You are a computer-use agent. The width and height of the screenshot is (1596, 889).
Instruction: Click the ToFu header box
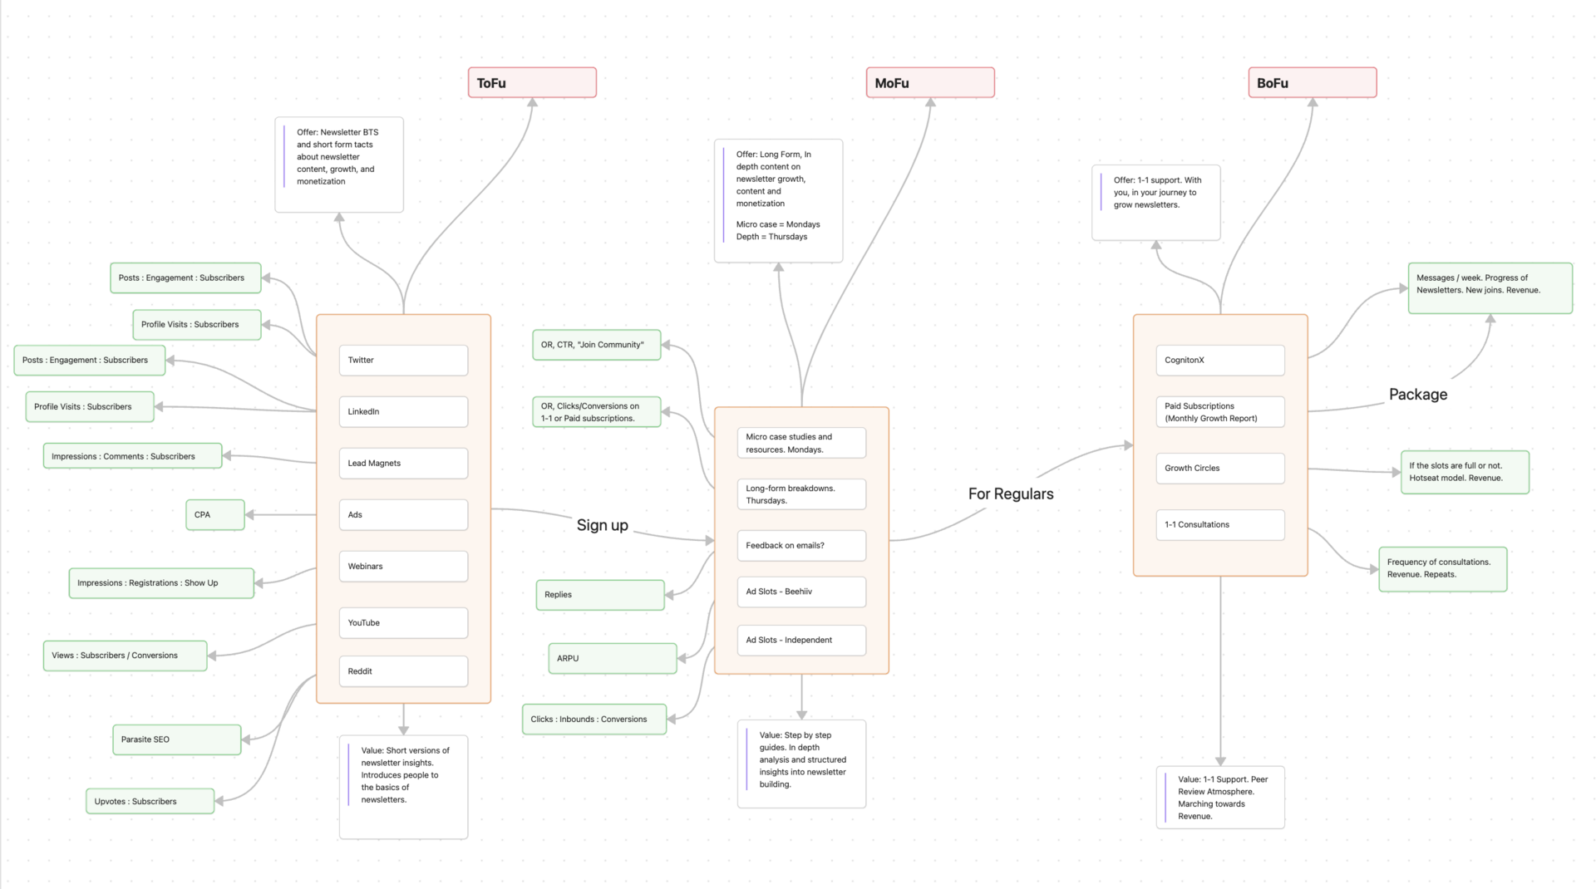pos(532,83)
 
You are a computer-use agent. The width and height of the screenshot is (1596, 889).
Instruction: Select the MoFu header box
pos(930,83)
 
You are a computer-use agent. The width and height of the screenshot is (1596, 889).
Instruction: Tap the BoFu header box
pos(1312,83)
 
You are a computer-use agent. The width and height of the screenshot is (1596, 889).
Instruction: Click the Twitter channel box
pos(403,361)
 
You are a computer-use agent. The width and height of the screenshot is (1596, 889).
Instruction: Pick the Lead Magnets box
pos(403,464)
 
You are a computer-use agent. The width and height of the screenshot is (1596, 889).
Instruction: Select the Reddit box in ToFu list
pos(403,671)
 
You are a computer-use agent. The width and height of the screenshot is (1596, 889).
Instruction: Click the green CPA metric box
pos(214,515)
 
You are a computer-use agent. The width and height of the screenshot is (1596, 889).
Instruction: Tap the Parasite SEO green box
pos(176,739)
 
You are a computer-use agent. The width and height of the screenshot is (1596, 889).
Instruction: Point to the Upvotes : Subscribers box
pos(150,802)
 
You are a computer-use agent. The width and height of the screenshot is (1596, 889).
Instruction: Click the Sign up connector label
pos(602,525)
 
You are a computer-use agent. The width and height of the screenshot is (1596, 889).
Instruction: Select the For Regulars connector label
pos(1010,494)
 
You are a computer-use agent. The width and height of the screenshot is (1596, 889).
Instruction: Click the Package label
pos(1417,395)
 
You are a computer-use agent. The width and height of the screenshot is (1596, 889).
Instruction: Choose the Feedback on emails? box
pos(801,546)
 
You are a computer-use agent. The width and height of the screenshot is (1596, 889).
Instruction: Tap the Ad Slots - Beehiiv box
pos(801,592)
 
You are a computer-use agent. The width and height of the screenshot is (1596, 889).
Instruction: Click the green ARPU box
pos(612,658)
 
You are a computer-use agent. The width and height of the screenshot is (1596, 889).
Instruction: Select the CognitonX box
pos(1219,361)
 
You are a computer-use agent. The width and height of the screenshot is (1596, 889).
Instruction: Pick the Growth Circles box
pos(1219,469)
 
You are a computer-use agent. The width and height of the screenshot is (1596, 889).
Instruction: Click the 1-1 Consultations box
pos(1219,525)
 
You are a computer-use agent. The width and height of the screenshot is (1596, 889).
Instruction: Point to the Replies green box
pos(599,595)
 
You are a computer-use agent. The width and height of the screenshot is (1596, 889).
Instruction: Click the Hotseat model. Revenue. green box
pos(1464,472)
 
